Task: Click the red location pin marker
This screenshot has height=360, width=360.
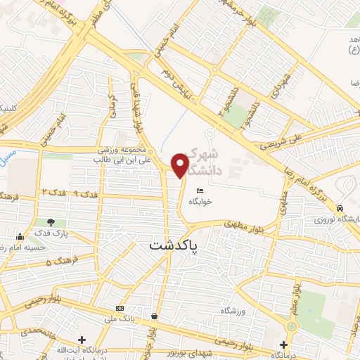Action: tap(181, 165)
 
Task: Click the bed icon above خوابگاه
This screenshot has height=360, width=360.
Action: tap(200, 190)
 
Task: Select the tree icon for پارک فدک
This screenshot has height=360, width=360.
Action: tap(51, 223)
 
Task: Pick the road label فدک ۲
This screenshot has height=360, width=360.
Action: tap(53, 192)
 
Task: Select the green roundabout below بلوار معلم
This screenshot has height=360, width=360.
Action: tap(292, 327)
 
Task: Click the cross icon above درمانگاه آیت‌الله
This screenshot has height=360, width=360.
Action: tap(82, 340)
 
